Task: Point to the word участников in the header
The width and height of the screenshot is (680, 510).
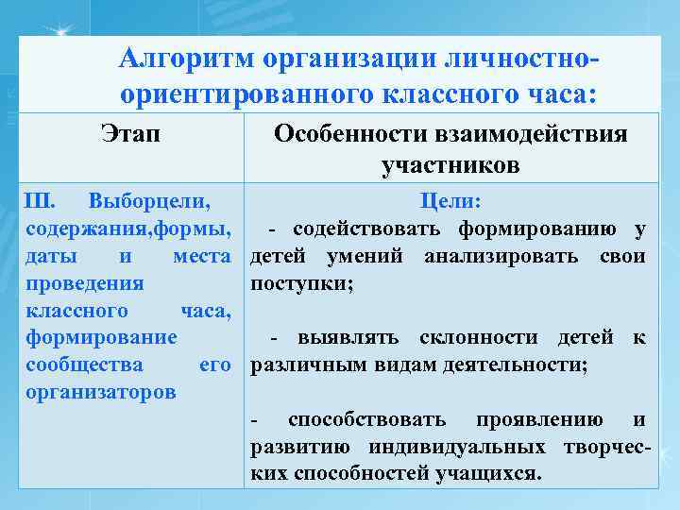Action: click(x=450, y=166)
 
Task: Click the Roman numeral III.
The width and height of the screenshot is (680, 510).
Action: click(x=40, y=201)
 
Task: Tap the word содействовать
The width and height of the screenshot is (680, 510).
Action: click(x=370, y=229)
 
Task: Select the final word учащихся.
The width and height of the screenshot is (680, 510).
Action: click(x=490, y=473)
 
